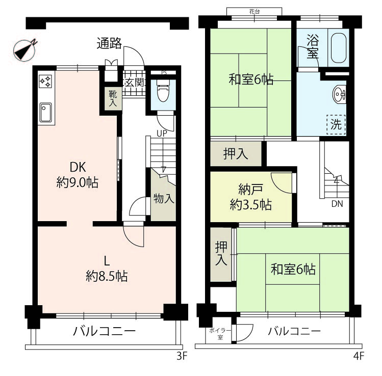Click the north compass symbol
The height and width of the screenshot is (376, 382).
coord(25,49)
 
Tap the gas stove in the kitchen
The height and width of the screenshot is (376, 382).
coord(45,82)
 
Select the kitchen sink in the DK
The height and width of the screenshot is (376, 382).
coord(45,112)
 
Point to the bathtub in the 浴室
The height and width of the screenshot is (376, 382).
coord(338,48)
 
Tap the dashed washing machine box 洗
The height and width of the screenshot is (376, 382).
coord(336,125)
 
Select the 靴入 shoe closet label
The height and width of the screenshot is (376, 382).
coord(113,98)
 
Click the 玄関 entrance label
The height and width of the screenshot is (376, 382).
coord(135,83)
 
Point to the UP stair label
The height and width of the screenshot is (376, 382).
coord(162,133)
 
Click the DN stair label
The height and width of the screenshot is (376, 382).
coord(337,204)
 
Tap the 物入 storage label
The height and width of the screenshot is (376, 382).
coord(164,199)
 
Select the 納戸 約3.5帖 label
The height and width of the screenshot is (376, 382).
coord(251,197)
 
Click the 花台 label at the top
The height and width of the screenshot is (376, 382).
coord(254,11)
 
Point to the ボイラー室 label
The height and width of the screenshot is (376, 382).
coord(220,334)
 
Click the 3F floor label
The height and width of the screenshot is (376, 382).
coord(182,356)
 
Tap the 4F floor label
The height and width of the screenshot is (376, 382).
coord(359,356)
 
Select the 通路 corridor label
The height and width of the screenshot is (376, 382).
coord(109,44)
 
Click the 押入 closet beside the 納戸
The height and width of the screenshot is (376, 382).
coord(236,154)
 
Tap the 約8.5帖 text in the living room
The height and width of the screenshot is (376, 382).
coord(107,276)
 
